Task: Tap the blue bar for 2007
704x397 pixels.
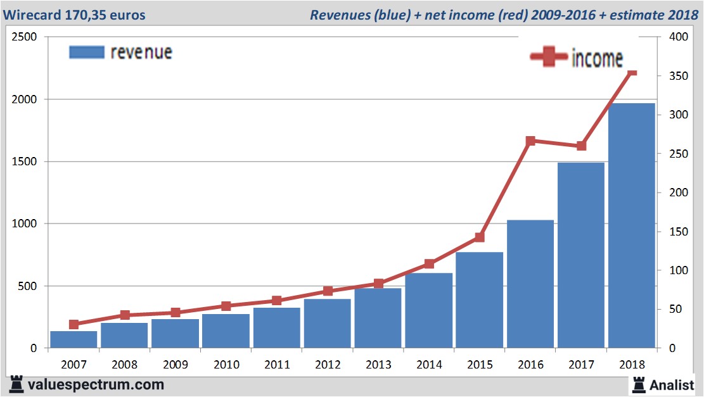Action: [74, 339]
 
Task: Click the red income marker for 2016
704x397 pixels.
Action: [530, 141]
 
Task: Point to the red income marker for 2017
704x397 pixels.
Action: [581, 146]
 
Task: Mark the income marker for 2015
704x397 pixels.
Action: [480, 237]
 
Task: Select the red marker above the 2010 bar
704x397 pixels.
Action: [226, 306]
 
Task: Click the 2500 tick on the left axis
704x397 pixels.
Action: [23, 37]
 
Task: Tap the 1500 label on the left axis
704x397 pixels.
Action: [23, 162]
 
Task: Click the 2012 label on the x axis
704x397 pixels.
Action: [328, 365]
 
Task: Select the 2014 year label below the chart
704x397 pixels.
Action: [429, 365]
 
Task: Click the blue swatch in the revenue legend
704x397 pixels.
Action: [86, 53]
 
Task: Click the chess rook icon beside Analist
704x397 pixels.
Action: [637, 384]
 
